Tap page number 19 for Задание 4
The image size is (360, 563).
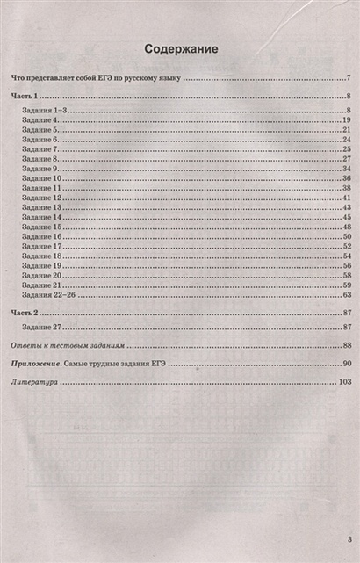point(347,119)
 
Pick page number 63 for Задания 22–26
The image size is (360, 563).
point(347,295)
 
